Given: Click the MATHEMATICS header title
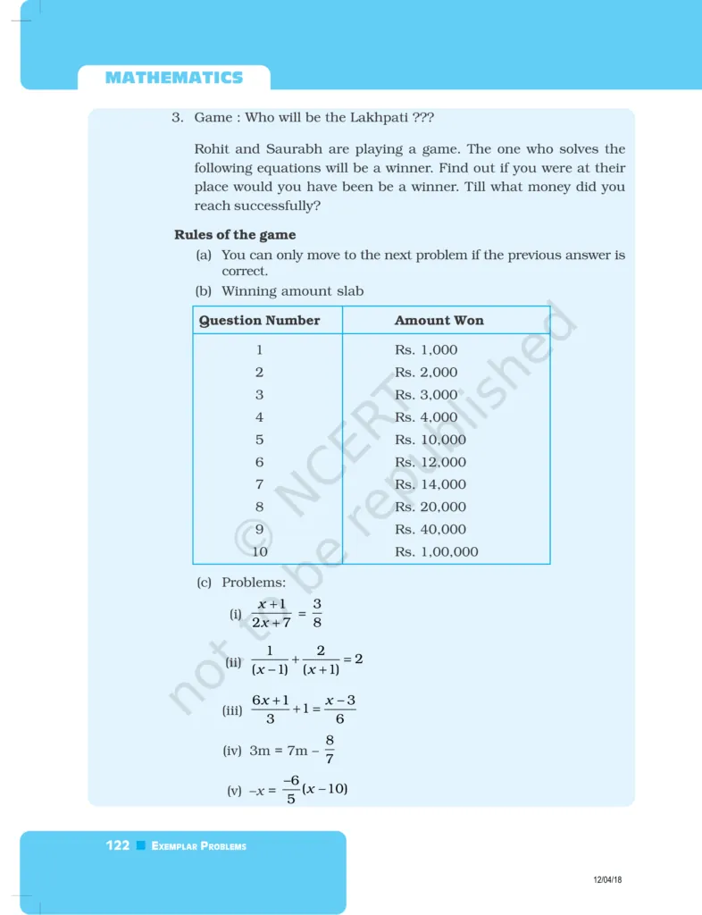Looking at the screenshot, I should (x=173, y=78).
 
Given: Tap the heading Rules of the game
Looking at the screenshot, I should (x=235, y=235).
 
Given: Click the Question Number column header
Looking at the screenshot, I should (x=259, y=320).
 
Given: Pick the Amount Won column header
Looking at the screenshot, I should (x=439, y=320).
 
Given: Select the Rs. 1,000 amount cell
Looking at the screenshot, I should (x=426, y=350).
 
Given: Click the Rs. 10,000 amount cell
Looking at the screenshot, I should (x=430, y=440).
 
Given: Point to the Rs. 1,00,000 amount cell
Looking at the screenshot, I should (x=437, y=551).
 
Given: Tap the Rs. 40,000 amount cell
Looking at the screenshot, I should (x=430, y=529).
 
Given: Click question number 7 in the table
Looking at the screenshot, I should (x=259, y=484).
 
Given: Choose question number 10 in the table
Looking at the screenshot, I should (x=259, y=551).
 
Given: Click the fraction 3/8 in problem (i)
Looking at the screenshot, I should (x=317, y=614).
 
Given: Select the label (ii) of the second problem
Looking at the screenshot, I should (x=234, y=663).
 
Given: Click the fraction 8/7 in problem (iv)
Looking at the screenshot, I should (x=330, y=750).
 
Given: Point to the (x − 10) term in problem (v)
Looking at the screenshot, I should (x=324, y=789).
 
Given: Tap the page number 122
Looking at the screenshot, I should (x=117, y=845).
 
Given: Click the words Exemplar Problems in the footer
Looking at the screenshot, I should (x=198, y=846).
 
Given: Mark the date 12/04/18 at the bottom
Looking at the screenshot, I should (x=607, y=880).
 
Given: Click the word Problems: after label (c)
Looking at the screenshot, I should (x=254, y=583).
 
